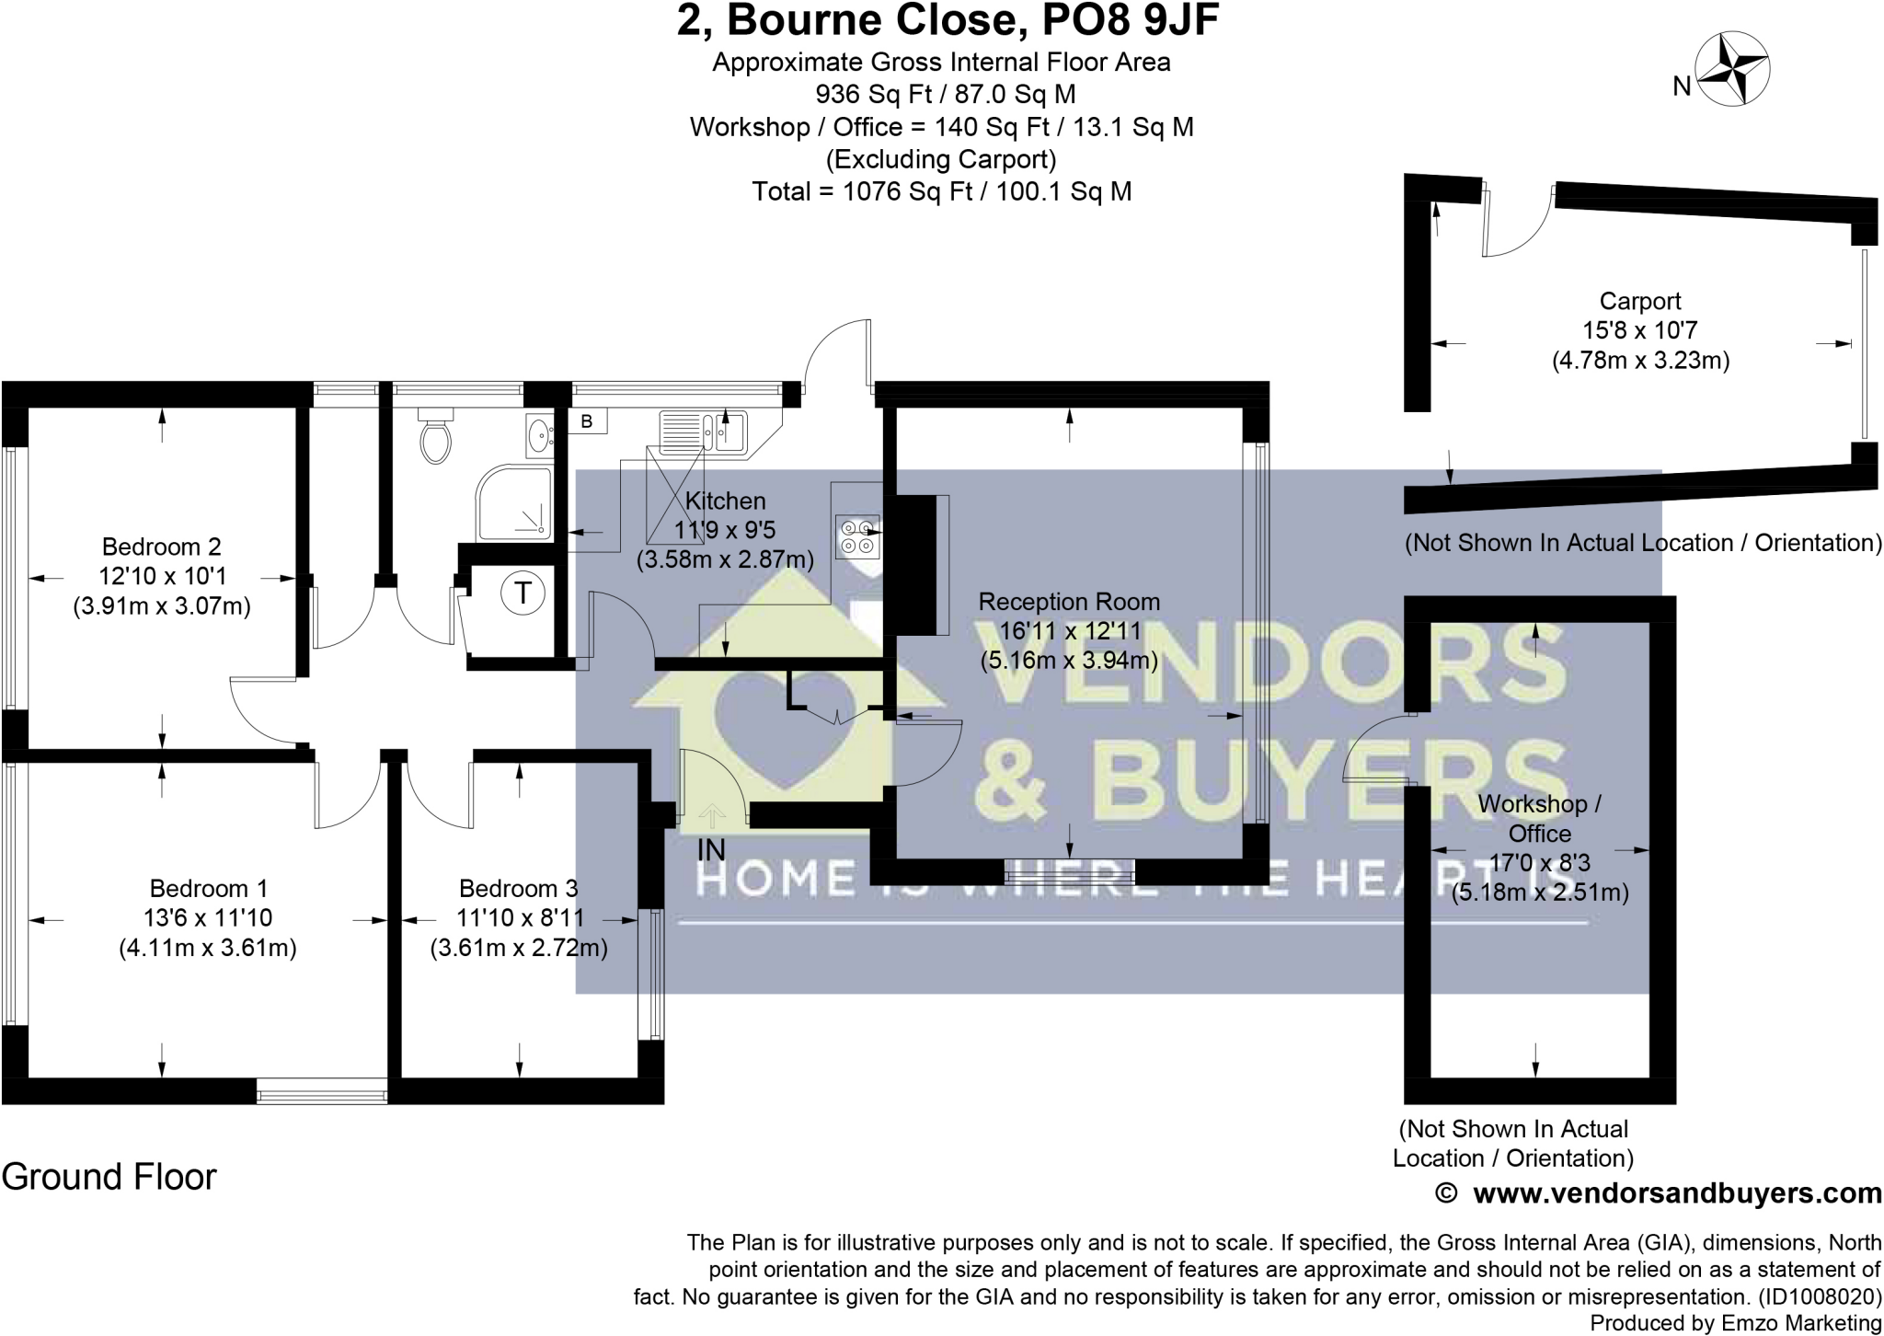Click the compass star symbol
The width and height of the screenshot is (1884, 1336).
click(1733, 70)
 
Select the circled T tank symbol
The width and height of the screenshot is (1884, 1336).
click(523, 593)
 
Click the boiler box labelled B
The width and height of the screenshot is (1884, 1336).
click(588, 421)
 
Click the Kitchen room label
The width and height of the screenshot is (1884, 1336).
click(725, 501)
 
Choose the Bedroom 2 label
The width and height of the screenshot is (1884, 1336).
click(161, 547)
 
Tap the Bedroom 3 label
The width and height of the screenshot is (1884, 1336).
click(518, 888)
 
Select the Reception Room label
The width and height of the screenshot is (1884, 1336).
click(1068, 602)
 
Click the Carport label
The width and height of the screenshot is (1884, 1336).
click(1640, 301)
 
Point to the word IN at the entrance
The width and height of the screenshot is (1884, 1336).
click(711, 850)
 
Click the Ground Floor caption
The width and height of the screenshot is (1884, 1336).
click(109, 1177)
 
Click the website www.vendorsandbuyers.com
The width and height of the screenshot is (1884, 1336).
click(1677, 1194)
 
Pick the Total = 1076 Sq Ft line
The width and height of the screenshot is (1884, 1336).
click(941, 191)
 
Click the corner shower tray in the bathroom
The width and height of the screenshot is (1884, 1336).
click(514, 504)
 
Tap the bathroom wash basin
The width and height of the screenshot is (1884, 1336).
click(539, 434)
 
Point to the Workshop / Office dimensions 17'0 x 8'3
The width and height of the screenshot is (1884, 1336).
click(1540, 863)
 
